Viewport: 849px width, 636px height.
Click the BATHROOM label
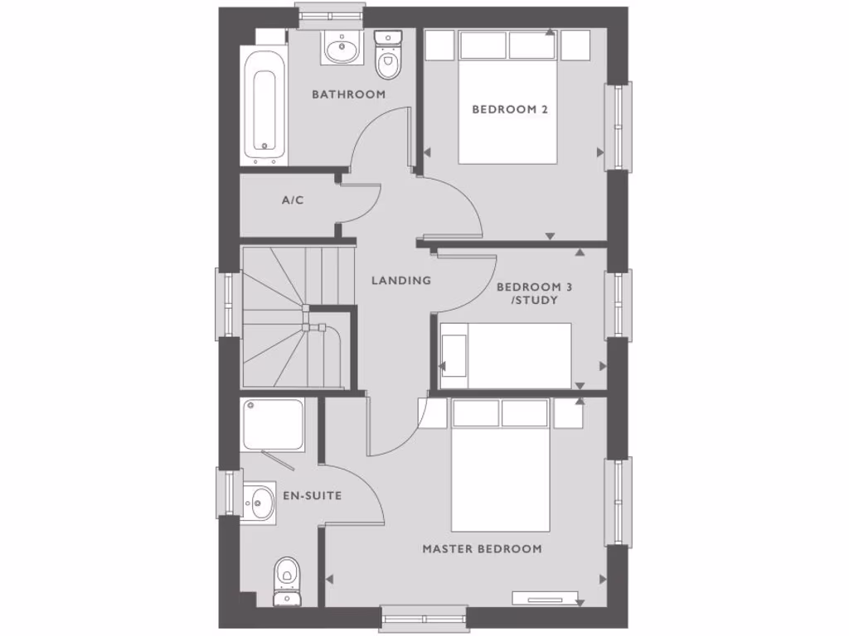pos(348,94)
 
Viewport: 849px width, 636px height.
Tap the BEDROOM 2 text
pos(510,109)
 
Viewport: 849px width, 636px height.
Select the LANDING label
pos(401,281)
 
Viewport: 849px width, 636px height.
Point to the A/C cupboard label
pos(293,200)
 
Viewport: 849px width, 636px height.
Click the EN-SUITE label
pos(312,496)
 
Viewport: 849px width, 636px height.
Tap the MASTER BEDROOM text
pos(482,549)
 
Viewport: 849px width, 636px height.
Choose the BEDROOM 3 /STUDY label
pos(534,293)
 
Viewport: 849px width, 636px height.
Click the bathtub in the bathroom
pos(264,108)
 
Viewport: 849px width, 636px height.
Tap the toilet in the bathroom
pos(387,54)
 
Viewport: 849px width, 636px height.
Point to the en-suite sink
pos(260,502)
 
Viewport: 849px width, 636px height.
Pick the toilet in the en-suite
pos(287,580)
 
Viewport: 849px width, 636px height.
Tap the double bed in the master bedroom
pos(500,468)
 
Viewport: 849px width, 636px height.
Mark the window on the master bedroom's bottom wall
pos(424,617)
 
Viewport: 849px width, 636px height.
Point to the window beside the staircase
pos(227,303)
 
